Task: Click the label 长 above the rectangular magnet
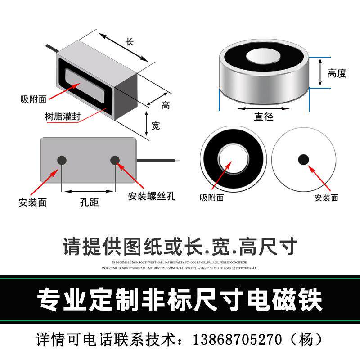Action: pos(130,42)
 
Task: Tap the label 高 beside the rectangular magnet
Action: pos(166,105)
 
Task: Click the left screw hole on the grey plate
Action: pos(62,160)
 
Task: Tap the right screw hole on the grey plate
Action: pos(115,160)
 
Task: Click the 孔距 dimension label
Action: pos(89,202)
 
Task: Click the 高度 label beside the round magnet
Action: pos(337,73)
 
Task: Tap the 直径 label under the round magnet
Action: pos(264,117)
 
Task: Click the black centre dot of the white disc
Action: pos(304,159)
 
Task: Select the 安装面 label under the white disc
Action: pos(326,197)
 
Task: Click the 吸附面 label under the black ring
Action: pos(212,197)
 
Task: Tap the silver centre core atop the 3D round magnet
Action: pos(263,57)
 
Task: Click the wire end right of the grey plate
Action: pos(178,160)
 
